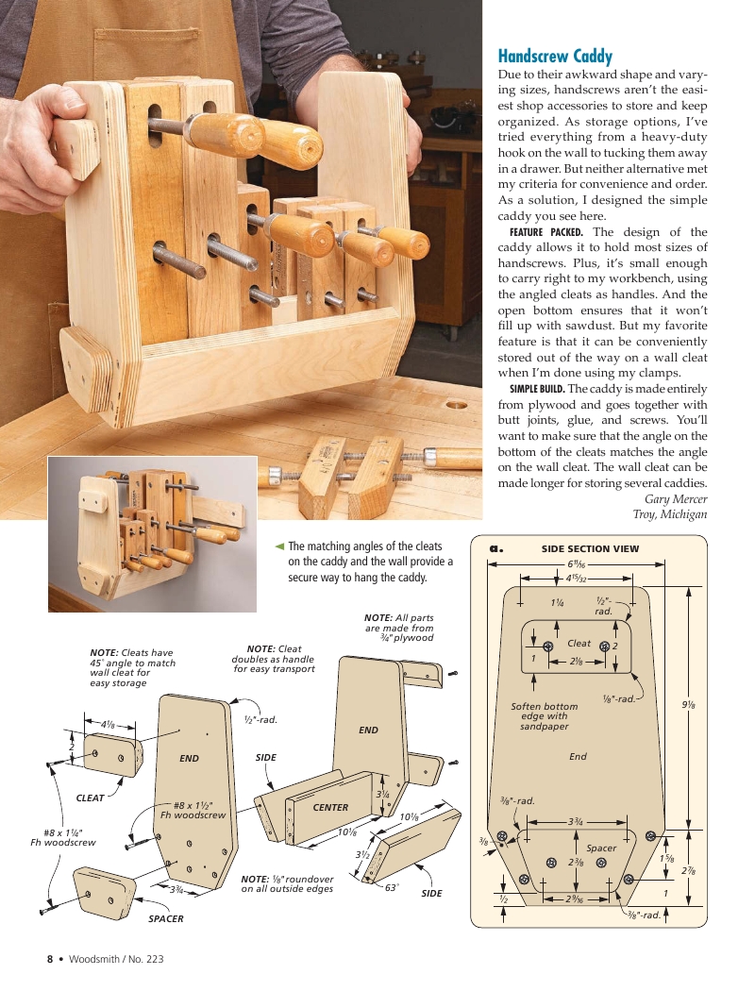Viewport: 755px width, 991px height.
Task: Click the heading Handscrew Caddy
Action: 555,57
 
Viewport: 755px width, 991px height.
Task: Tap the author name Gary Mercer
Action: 676,499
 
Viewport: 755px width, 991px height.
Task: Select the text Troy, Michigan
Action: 669,514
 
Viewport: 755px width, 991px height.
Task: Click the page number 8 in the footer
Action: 51,960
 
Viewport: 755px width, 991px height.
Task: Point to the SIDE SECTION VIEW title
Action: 590,548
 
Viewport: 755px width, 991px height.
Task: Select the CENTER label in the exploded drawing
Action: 330,808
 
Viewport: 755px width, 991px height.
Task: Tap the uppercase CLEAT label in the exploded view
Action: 90,798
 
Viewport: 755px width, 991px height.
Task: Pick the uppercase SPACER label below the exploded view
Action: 165,918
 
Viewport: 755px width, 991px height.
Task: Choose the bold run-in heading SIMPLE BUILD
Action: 537,389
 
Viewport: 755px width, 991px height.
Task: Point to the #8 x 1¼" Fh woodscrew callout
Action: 62,837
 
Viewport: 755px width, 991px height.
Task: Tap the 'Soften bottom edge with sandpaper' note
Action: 545,716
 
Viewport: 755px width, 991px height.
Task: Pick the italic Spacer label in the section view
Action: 601,848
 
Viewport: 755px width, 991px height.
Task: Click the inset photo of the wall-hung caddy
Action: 152,534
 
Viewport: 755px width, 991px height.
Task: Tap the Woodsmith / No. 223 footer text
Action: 116,960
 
